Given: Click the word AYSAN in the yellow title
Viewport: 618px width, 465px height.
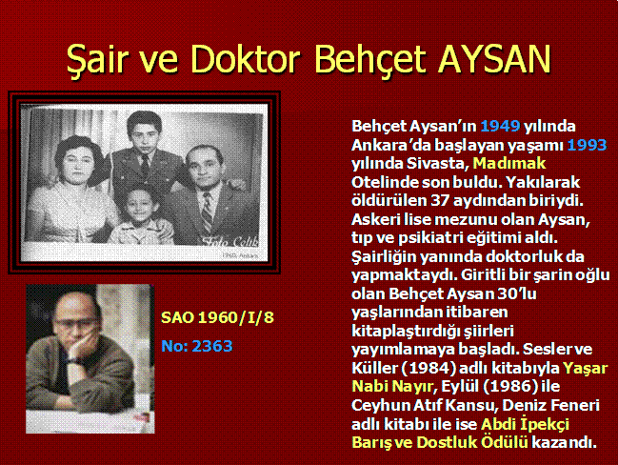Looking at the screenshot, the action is point(494,59).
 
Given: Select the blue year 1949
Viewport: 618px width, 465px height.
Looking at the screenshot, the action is point(500,126).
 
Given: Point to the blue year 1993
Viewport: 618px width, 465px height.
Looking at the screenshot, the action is point(587,145).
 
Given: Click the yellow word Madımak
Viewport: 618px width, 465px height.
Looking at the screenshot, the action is point(509,163).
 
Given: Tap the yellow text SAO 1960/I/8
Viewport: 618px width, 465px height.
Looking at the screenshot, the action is point(217,317).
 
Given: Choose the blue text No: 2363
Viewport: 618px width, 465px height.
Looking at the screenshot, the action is point(197,346).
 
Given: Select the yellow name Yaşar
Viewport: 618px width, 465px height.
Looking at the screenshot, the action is point(586,369).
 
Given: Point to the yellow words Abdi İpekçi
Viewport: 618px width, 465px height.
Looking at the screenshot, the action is point(525,424).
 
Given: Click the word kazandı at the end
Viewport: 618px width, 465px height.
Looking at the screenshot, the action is point(564,442).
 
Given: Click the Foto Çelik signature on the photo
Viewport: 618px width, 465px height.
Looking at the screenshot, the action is point(230,241).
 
